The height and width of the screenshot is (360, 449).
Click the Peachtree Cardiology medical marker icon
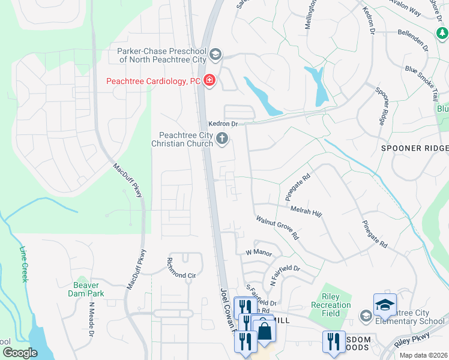coord(209,80)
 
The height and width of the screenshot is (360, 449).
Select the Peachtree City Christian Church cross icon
coord(222,139)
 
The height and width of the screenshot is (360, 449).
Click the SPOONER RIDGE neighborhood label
coord(414,148)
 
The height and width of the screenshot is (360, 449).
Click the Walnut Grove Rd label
coord(277,228)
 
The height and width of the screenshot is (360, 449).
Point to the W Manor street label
coord(259,252)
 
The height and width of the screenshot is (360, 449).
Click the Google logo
coord(20,353)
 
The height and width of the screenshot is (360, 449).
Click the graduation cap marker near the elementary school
coord(385,306)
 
